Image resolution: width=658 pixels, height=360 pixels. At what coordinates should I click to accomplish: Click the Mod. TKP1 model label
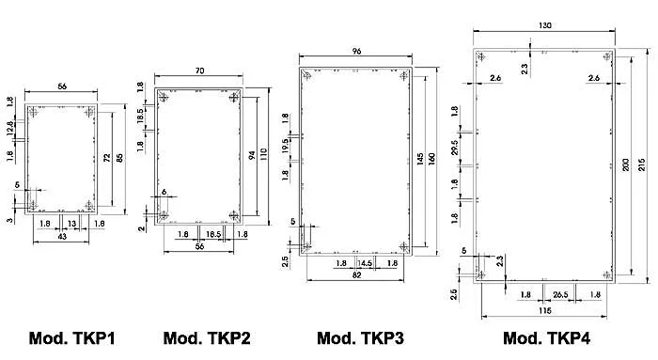pos(71,338)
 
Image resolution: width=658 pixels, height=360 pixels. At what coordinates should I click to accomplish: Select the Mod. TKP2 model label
pos(207,338)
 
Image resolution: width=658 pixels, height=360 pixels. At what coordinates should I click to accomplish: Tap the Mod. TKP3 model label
pos(360,338)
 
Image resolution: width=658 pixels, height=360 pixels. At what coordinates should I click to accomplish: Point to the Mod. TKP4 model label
pos(546,338)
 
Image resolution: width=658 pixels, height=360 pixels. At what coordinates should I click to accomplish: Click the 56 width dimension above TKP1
pos(62,86)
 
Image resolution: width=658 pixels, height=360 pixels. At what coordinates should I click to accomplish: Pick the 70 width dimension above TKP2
pos(199,70)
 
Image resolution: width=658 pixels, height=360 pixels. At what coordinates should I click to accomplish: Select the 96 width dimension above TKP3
pos(356,51)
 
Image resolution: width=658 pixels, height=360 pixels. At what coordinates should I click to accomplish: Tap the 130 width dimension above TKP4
pos(544,25)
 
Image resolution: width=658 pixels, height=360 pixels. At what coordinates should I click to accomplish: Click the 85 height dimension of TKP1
pos(119,158)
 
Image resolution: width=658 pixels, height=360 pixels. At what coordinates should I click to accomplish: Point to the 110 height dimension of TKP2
pos(263,155)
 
